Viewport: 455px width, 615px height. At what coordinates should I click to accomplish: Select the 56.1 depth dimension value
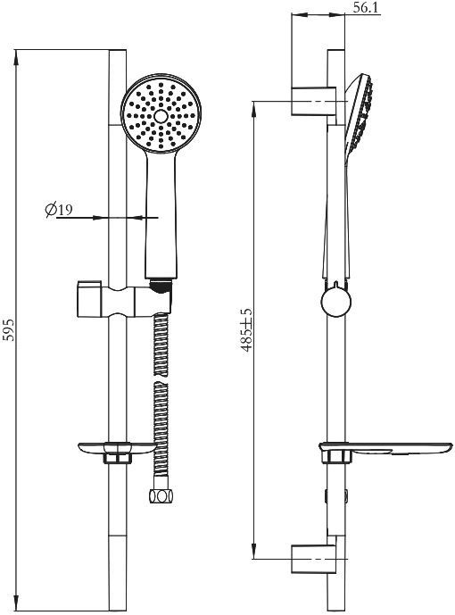[363, 9]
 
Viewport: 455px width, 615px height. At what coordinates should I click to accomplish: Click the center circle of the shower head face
[161, 116]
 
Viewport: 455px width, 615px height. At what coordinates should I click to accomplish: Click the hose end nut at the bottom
[161, 493]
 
